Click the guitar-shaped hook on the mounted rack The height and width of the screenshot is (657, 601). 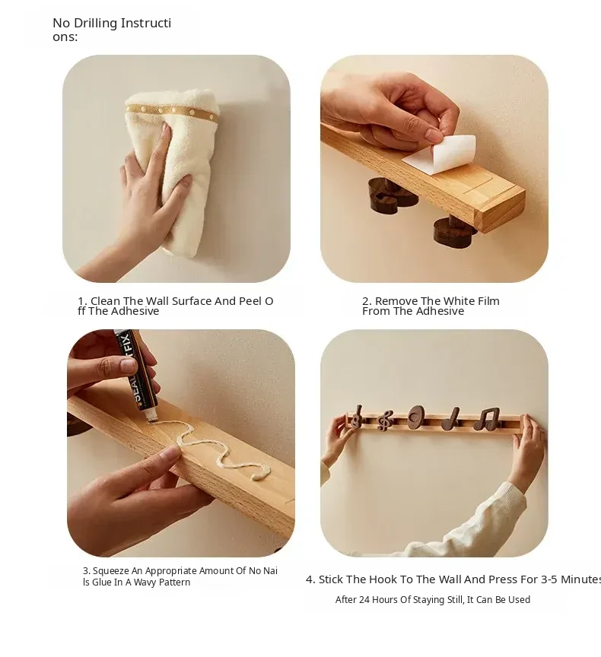click(357, 417)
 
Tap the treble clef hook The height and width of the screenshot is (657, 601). click(385, 421)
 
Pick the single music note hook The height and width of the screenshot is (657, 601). click(451, 418)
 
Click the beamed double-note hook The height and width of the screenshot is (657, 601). click(487, 419)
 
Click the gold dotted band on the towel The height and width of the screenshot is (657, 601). click(173, 112)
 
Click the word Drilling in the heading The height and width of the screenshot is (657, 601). click(95, 23)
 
